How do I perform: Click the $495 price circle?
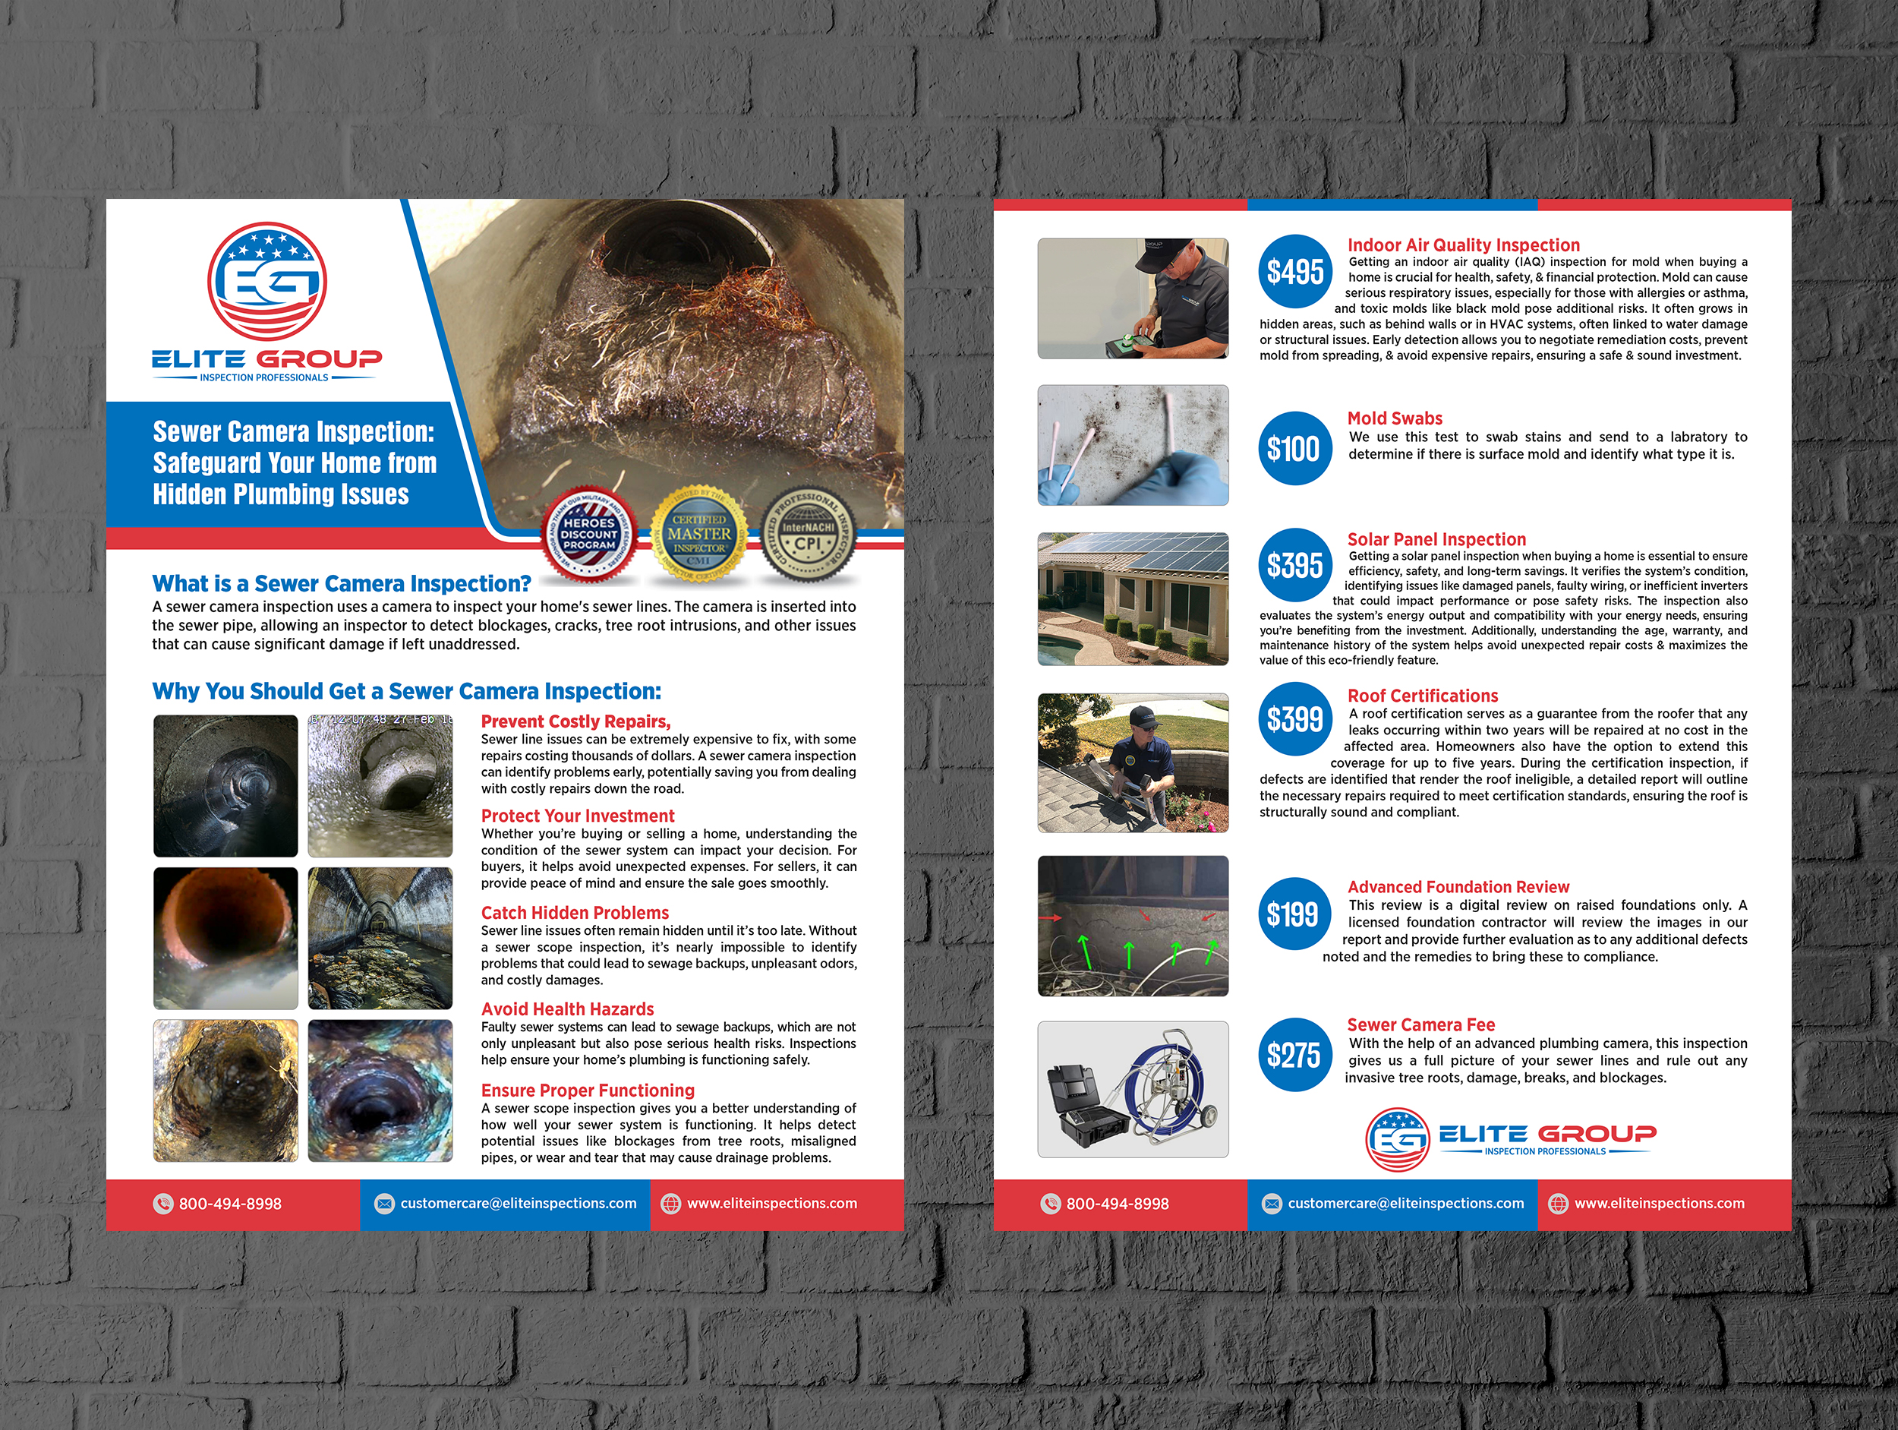(1294, 271)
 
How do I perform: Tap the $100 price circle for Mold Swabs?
(1294, 448)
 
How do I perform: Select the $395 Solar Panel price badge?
(1294, 565)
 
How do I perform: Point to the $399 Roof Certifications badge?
(1294, 718)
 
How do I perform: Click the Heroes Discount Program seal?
(589, 534)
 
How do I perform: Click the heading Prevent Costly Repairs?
(575, 721)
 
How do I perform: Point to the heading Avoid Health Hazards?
(567, 1009)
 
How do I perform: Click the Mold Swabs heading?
(1395, 418)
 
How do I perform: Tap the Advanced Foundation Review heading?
(1458, 887)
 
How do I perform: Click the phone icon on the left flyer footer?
(163, 1204)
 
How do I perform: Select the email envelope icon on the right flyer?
(1272, 1204)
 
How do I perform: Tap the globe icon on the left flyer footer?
(670, 1204)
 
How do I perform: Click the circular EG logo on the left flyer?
(266, 282)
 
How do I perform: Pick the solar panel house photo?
(1133, 599)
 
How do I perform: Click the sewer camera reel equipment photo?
(1133, 1088)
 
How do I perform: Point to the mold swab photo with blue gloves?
(1133, 444)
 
